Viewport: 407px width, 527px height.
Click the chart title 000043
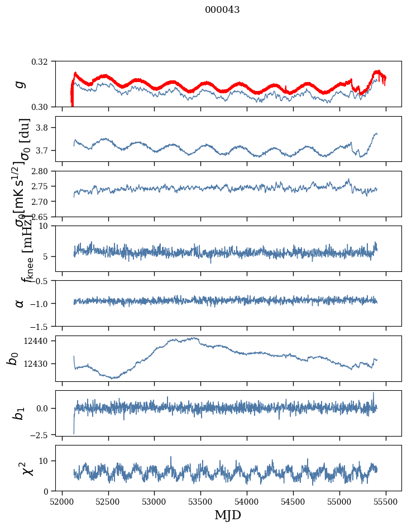(x=222, y=10)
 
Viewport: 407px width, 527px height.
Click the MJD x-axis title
(x=228, y=515)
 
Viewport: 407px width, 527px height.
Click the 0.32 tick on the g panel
(x=43, y=61)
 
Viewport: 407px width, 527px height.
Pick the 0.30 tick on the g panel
(x=43, y=107)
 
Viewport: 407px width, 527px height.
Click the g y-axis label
(x=20, y=84)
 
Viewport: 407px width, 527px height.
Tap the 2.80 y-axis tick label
(x=41, y=171)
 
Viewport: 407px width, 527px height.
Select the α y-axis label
(x=20, y=303)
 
